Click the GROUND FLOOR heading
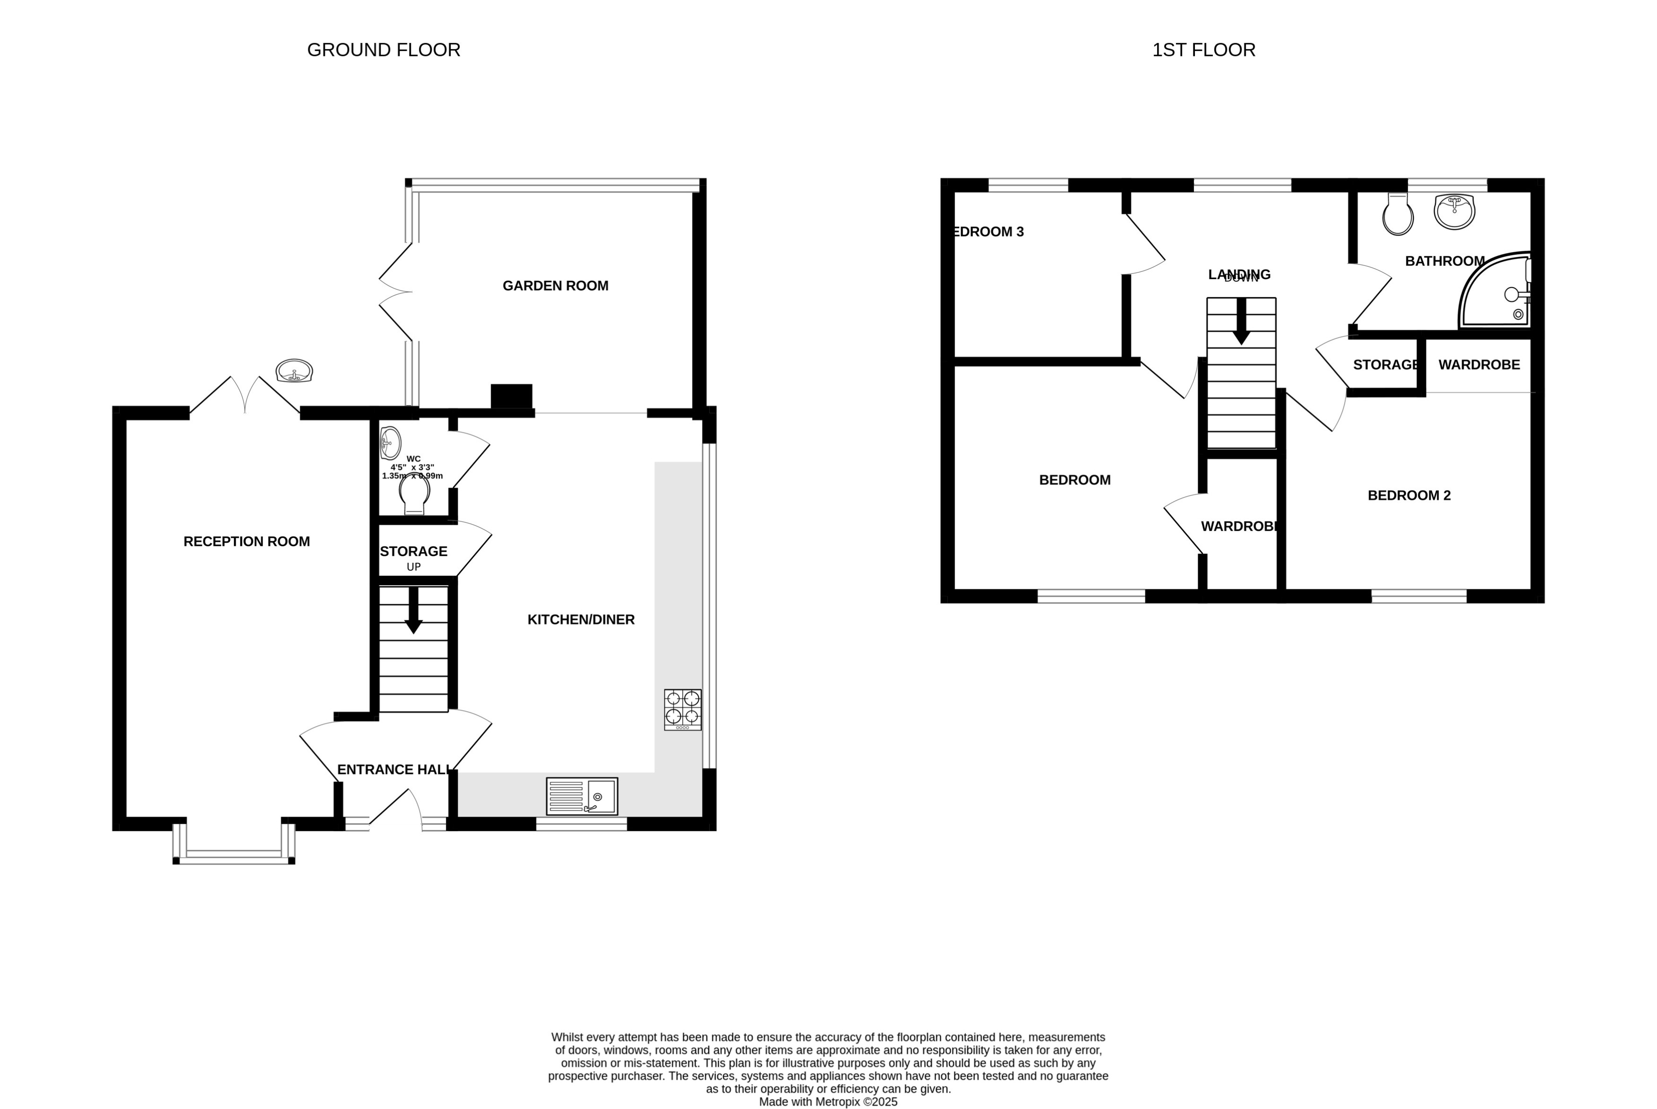tap(383, 50)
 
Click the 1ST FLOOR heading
tap(1203, 50)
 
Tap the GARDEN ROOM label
tap(555, 286)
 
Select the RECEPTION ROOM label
tap(246, 542)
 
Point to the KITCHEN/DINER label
tap(581, 620)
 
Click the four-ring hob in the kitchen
tap(683, 709)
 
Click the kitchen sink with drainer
tap(581, 796)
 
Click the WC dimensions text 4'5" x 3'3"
tap(412, 467)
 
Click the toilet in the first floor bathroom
tap(1398, 214)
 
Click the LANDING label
tap(1239, 274)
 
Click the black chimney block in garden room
tap(511, 396)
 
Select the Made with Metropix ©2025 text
tap(828, 1102)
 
